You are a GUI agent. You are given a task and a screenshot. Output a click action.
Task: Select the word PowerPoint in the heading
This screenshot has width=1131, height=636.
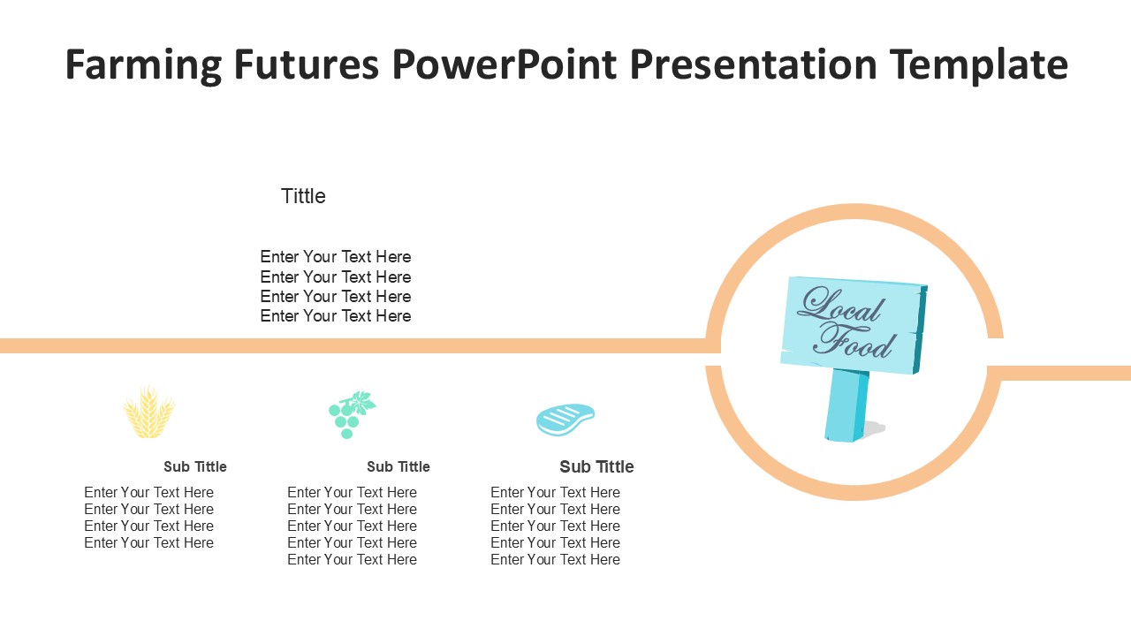click(504, 64)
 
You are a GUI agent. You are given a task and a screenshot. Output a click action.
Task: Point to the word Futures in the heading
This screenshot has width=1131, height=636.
click(306, 64)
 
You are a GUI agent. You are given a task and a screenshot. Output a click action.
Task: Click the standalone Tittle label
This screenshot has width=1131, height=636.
click(303, 196)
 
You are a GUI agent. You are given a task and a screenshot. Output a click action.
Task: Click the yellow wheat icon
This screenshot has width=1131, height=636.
click(149, 411)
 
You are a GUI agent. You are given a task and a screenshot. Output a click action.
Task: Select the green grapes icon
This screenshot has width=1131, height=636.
click(352, 414)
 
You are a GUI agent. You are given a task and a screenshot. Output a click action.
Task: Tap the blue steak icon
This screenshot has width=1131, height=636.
click(565, 419)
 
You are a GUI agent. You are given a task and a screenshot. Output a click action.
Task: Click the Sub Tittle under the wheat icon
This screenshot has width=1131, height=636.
click(195, 467)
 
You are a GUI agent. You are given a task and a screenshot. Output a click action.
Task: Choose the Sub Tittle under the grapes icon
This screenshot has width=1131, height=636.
click(399, 467)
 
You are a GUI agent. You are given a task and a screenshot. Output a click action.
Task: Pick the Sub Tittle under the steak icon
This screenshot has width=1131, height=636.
click(596, 467)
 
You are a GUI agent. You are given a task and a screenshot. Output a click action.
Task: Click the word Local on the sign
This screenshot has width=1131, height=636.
click(840, 305)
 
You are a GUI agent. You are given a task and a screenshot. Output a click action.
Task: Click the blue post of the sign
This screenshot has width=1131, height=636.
click(846, 405)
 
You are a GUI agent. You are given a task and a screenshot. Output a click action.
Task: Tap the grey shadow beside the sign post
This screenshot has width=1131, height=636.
click(874, 429)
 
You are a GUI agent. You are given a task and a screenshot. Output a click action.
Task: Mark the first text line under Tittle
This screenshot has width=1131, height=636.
click(336, 257)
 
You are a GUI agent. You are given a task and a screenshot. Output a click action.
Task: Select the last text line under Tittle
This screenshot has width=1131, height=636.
click(336, 316)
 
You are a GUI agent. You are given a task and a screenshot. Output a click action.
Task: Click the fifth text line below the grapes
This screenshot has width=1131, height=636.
click(352, 560)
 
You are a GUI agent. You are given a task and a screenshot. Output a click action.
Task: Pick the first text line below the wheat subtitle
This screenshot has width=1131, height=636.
click(149, 492)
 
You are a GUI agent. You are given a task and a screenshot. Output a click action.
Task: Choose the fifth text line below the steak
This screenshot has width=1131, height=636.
click(556, 560)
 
